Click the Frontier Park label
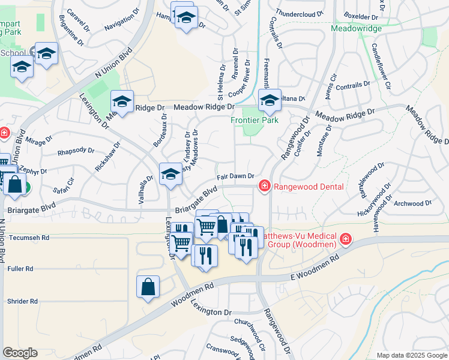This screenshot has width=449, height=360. click(x=255, y=120)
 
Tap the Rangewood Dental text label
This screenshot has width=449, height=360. click(x=309, y=187)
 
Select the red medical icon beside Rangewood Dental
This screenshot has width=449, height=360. click(x=263, y=187)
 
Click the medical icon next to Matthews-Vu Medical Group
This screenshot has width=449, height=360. click(x=345, y=241)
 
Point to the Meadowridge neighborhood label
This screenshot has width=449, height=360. click(x=357, y=28)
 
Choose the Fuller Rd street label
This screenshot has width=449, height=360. click(x=20, y=269)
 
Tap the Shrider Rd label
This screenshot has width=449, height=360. click(x=22, y=301)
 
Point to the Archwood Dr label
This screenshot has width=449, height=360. click(x=413, y=203)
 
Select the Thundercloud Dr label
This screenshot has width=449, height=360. click(x=299, y=12)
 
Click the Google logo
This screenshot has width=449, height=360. click(x=20, y=352)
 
